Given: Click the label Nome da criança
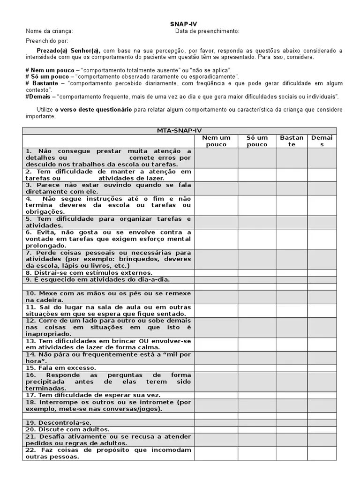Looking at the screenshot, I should pyautogui.click(x=49, y=31).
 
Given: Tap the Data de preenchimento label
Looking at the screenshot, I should pyautogui.click(x=207, y=31).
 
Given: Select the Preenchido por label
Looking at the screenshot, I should pyautogui.click(x=47, y=41).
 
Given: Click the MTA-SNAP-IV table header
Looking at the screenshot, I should pyautogui.click(x=180, y=131).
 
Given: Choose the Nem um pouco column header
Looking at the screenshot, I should pyautogui.click(x=216, y=141).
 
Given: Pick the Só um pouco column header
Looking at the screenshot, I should pyautogui.click(x=257, y=141).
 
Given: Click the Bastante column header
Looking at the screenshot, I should pyautogui.click(x=292, y=141).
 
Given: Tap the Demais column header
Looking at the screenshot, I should pyautogui.click(x=322, y=141).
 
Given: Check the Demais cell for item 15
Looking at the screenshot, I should pyautogui.click(x=322, y=368).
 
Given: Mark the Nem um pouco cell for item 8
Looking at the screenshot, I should pyautogui.click(x=216, y=272).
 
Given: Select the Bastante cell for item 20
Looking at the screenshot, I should pyautogui.click(x=292, y=429).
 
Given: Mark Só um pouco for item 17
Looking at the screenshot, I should pyautogui.click(x=257, y=395).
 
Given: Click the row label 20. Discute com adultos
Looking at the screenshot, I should pyautogui.click(x=67, y=429).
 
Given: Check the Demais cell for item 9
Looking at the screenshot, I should pyautogui.click(x=322, y=279).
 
